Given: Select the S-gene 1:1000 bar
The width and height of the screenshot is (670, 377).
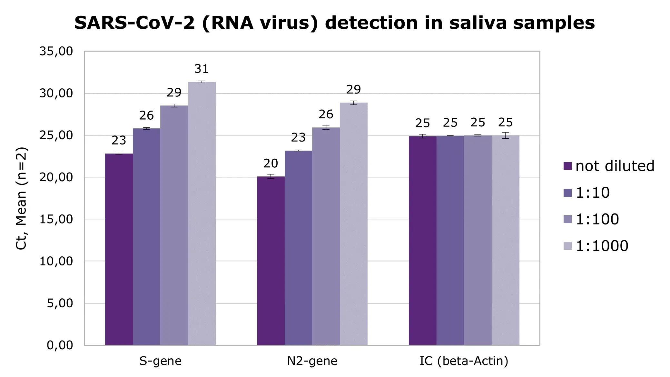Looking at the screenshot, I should tap(202, 213).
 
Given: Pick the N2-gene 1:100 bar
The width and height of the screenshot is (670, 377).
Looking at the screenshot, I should tap(326, 236).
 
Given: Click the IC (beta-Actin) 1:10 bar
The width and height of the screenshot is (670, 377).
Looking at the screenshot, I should tap(450, 240).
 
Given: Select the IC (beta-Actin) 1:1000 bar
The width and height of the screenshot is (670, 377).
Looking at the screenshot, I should tap(505, 240).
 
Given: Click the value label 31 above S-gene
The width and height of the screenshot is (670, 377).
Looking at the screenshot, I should tap(202, 69).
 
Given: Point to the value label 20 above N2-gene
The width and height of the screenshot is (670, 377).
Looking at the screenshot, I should tap(271, 164).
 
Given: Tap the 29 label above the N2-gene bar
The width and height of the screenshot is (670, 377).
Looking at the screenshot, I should tap(353, 89).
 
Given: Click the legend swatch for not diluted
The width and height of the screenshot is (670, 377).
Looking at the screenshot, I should tap(567, 166).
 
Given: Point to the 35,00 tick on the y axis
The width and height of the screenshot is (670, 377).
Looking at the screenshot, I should tap(56, 51).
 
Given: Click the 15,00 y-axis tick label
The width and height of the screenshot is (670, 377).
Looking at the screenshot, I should tap(56, 219).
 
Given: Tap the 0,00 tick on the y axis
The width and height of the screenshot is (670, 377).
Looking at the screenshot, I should tap(60, 345).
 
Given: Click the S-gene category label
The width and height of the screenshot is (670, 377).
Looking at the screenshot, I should tap(160, 361).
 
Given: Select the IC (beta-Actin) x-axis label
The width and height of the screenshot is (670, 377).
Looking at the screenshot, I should tap(464, 361).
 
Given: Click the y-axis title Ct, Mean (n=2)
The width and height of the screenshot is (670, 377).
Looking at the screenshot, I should tap(22, 198).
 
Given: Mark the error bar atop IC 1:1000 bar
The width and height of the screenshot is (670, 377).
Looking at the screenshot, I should tap(505, 135).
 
